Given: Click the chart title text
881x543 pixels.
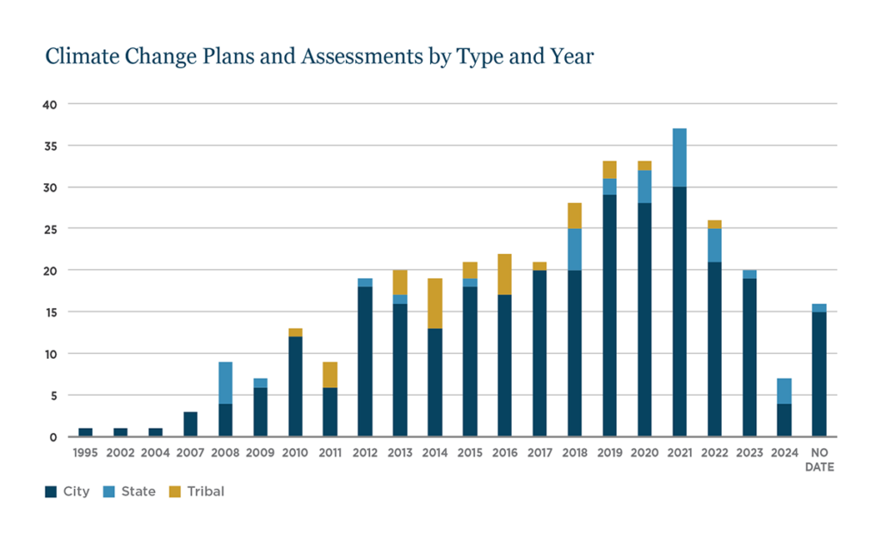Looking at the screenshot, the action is (x=319, y=57).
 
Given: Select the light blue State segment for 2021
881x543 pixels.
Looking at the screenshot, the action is (x=680, y=157).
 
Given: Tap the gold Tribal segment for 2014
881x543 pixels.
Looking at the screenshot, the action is (x=434, y=303).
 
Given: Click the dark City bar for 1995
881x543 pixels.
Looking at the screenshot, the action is (x=85, y=432).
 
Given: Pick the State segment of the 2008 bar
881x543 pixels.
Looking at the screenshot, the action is (x=225, y=383).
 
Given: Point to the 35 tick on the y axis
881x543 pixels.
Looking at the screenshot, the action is (x=50, y=146).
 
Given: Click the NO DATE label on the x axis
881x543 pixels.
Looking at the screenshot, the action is (x=819, y=460).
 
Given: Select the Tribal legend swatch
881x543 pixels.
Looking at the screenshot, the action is (x=176, y=492).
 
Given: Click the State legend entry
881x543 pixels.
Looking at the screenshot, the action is (x=129, y=492).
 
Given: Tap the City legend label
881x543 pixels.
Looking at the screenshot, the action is (x=77, y=492).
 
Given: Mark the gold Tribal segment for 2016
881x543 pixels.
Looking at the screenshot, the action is (x=504, y=275).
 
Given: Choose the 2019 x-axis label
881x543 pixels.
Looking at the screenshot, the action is (x=610, y=453).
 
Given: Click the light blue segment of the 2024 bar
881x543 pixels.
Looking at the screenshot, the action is (x=785, y=391).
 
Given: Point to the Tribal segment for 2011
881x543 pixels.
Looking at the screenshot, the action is (x=330, y=374).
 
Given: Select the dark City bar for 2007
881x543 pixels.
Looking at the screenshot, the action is (x=190, y=424).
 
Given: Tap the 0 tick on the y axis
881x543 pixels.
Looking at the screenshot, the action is (x=53, y=437).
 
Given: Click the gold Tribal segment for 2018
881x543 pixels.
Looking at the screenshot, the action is (x=575, y=216).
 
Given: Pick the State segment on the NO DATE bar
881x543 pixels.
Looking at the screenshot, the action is (x=819, y=307).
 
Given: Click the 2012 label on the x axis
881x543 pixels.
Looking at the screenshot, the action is (x=365, y=453).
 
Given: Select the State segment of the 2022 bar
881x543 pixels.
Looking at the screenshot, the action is (x=714, y=245).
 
